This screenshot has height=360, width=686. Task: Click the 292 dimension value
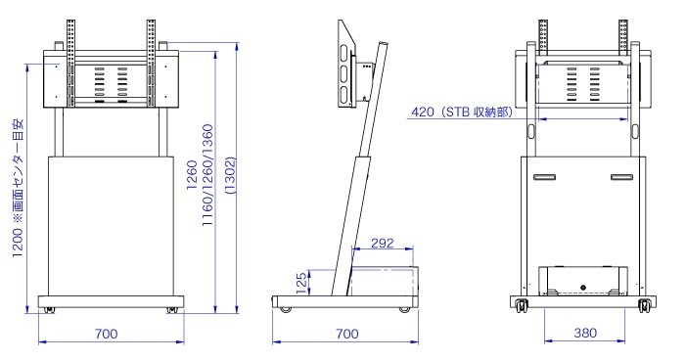(383, 243)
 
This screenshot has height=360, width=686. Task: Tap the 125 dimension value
(301, 283)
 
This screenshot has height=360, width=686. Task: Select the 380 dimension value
(585, 334)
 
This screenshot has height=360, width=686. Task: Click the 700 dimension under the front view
(107, 334)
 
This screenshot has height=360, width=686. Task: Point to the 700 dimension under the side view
(347, 334)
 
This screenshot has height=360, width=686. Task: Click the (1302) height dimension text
(230, 175)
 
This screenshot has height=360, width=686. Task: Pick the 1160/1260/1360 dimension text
(206, 175)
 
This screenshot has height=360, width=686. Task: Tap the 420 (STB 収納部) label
(461, 112)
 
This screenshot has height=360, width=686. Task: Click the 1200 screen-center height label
(18, 188)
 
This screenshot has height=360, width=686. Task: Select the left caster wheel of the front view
(49, 310)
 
